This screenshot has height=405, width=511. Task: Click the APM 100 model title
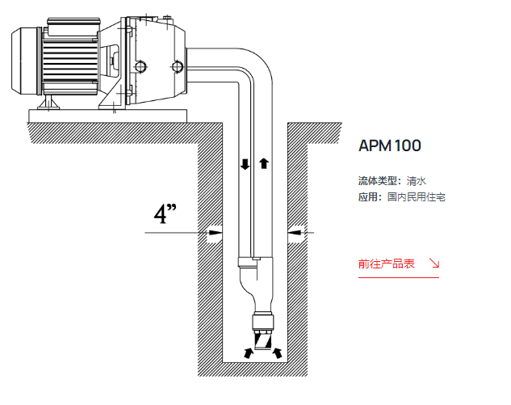(x=390, y=146)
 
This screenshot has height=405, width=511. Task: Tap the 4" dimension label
(x=165, y=216)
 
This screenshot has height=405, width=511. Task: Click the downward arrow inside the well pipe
(x=245, y=164)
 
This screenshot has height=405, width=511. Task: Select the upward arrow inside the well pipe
(x=263, y=164)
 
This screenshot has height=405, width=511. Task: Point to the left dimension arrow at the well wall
(x=214, y=233)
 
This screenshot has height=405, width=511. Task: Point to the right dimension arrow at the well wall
(x=295, y=233)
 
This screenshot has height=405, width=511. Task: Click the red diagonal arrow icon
(x=434, y=264)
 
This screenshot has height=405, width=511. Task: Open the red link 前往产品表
(x=387, y=264)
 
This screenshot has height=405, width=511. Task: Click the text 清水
(x=417, y=181)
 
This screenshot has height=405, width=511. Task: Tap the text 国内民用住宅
(x=417, y=197)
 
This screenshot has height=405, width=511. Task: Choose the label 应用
(x=369, y=197)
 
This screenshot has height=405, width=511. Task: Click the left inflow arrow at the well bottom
(x=247, y=352)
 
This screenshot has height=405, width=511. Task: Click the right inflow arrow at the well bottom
(x=279, y=352)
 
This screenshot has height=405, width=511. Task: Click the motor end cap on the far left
(x=24, y=63)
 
